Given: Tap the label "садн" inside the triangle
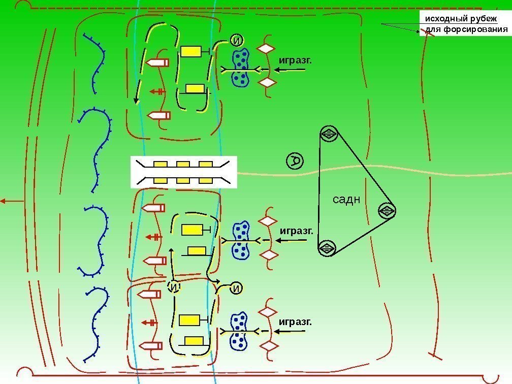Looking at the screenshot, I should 346,199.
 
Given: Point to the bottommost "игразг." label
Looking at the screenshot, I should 295,322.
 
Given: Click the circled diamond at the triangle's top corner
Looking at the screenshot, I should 329,134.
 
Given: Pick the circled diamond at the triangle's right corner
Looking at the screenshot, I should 386,210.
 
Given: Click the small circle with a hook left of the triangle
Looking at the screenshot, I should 295,162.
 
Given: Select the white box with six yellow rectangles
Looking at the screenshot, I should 184,172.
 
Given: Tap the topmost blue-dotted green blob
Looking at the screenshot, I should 240,68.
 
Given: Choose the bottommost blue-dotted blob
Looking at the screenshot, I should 238,331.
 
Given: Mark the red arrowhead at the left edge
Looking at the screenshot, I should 3,202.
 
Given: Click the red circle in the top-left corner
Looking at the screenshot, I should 22,6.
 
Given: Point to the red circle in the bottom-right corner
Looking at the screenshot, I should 491,377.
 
